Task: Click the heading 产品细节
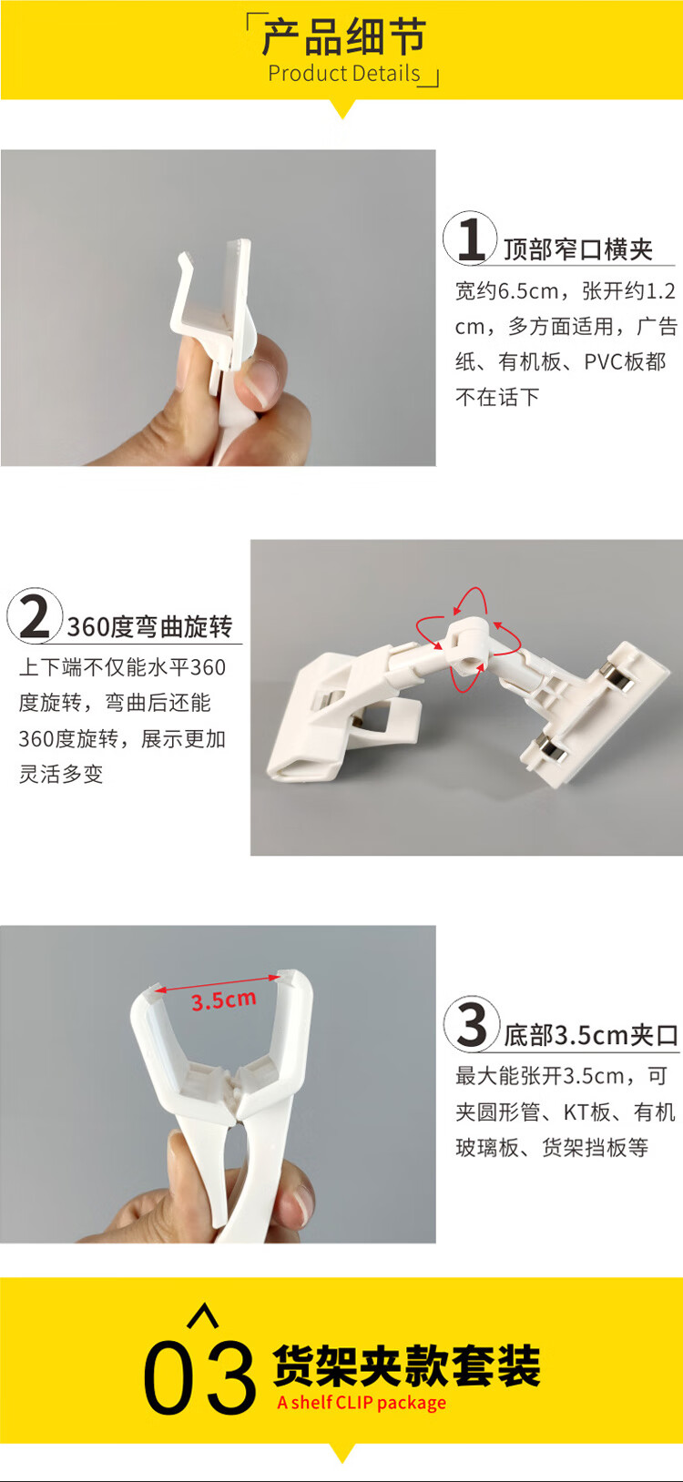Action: [x=343, y=37]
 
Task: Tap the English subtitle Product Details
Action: [x=344, y=73]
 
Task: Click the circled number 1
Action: [x=469, y=239]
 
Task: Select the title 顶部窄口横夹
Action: [x=577, y=249]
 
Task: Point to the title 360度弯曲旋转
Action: [x=150, y=626]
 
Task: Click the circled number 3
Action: [x=471, y=1024]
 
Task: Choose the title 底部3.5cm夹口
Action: [x=591, y=1035]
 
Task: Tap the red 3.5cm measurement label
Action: [x=224, y=1000]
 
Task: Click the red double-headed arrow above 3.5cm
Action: [x=218, y=983]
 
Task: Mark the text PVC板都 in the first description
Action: [x=625, y=362]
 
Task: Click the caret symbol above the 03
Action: [x=202, y=1315]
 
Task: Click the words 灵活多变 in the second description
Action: [x=61, y=774]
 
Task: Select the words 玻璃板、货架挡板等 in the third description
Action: [x=552, y=1148]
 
